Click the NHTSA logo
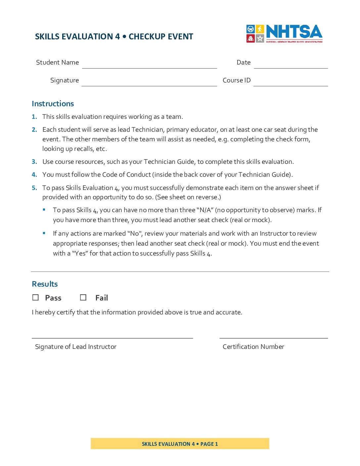pyautogui.click(x=284, y=33)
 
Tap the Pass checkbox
pyautogui.click(x=35, y=298)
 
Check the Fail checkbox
pyautogui.click(x=83, y=298)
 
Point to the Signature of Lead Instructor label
pyautogui.click(x=76, y=347)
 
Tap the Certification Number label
pyautogui.click(x=253, y=347)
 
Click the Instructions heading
pyautogui.click(x=53, y=104)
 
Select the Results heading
pyautogui.click(x=45, y=284)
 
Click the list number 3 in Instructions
pyautogui.click(x=34, y=162)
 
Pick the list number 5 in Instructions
pyautogui.click(x=34, y=188)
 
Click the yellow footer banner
pyautogui.click(x=180, y=443)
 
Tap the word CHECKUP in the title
pyautogui.click(x=145, y=36)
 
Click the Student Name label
pyautogui.click(x=57, y=62)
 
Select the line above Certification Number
pyautogui.click(x=274, y=338)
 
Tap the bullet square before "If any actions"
pyautogui.click(x=44, y=233)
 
